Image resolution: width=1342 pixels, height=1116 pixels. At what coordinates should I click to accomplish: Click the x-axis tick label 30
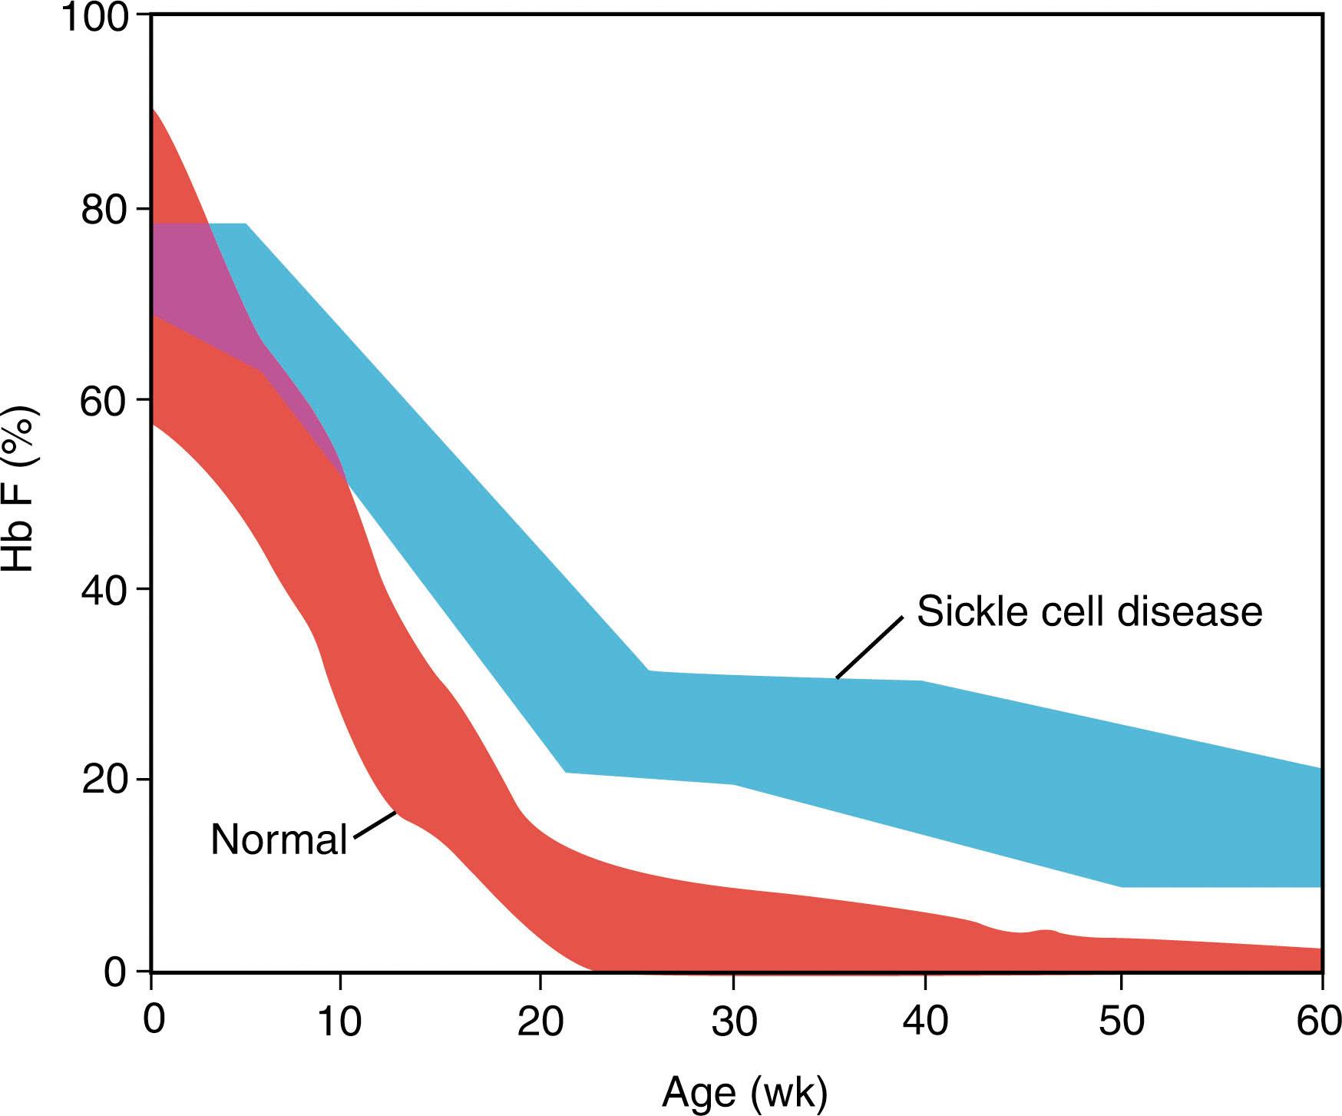pyautogui.click(x=733, y=1022)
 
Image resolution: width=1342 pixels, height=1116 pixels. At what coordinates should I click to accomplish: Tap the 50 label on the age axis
pyautogui.click(x=1122, y=1022)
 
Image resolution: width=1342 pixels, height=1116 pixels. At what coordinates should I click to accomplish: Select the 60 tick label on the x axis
pyautogui.click(x=1319, y=1022)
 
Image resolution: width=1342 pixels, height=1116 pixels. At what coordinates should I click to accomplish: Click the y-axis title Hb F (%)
pyautogui.click(x=20, y=488)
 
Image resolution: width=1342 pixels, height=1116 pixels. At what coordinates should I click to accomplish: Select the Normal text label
pyautogui.click(x=279, y=839)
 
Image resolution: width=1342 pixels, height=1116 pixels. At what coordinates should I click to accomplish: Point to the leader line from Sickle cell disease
pyautogui.click(x=868, y=648)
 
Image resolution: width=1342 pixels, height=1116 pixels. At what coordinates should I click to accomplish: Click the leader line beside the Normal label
pyautogui.click(x=373, y=824)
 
